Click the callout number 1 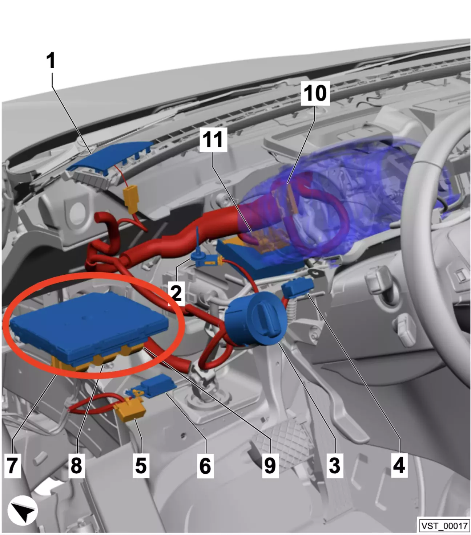tap(51, 61)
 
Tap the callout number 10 tap(315, 93)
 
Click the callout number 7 tap(12, 465)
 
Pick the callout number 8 tap(76, 465)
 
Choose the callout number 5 tap(141, 465)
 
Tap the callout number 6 tap(205, 465)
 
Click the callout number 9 tap(270, 465)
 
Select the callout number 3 tap(334, 465)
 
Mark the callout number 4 tap(399, 465)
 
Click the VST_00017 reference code tap(444, 526)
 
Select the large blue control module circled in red tap(89, 327)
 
